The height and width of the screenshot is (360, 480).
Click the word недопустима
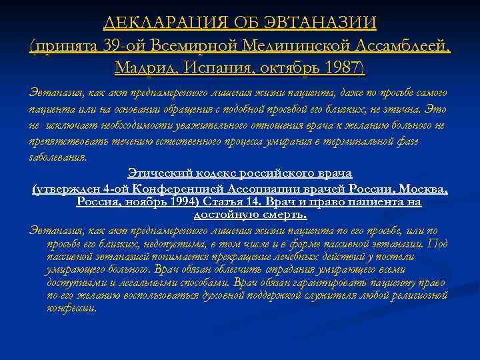[x=175, y=243]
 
